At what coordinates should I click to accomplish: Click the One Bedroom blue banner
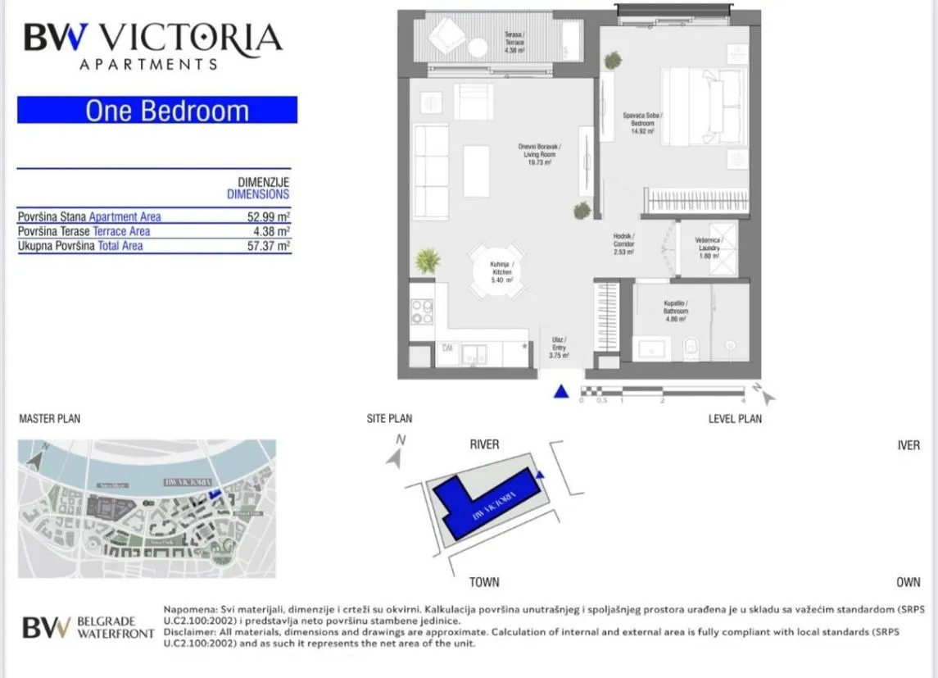pos(157,110)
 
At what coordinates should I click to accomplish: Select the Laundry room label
pos(709,247)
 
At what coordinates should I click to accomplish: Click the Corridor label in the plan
pos(623,243)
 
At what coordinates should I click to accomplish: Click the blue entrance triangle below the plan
pos(560,392)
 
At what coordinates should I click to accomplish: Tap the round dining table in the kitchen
pos(496,271)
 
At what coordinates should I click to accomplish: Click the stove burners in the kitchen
pos(421,312)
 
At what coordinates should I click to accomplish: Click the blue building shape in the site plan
pos(483,503)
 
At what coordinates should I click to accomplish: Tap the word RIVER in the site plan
pos(484,444)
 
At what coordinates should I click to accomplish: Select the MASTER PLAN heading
pos(49,419)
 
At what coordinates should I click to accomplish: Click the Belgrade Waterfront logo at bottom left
pos(88,628)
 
